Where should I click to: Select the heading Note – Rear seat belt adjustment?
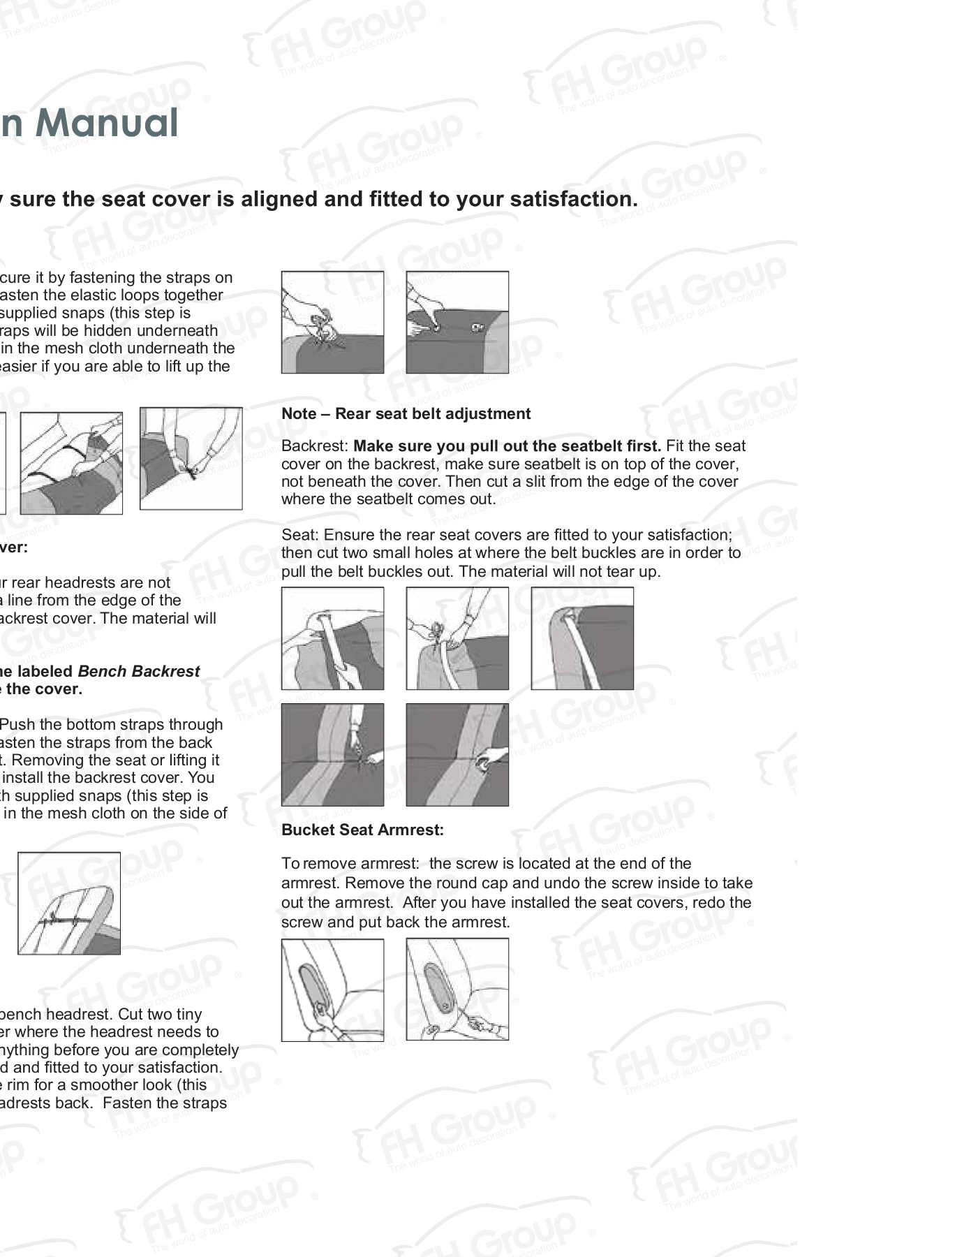point(406,414)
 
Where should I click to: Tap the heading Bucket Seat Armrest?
point(362,830)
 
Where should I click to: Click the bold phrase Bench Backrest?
point(138,672)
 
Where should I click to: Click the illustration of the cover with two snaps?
point(457,323)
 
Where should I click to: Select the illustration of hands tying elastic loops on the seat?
point(332,323)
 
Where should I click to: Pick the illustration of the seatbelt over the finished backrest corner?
point(582,638)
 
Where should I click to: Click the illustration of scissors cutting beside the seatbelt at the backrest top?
point(457,638)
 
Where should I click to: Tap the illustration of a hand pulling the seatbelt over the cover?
point(332,638)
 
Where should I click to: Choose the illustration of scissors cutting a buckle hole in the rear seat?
point(332,755)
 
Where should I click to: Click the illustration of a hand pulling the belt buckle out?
point(457,755)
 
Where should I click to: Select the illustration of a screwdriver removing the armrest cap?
point(332,990)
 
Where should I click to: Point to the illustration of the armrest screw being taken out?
point(457,990)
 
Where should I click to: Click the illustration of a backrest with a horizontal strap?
point(69,904)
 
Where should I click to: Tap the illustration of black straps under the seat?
point(71,463)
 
